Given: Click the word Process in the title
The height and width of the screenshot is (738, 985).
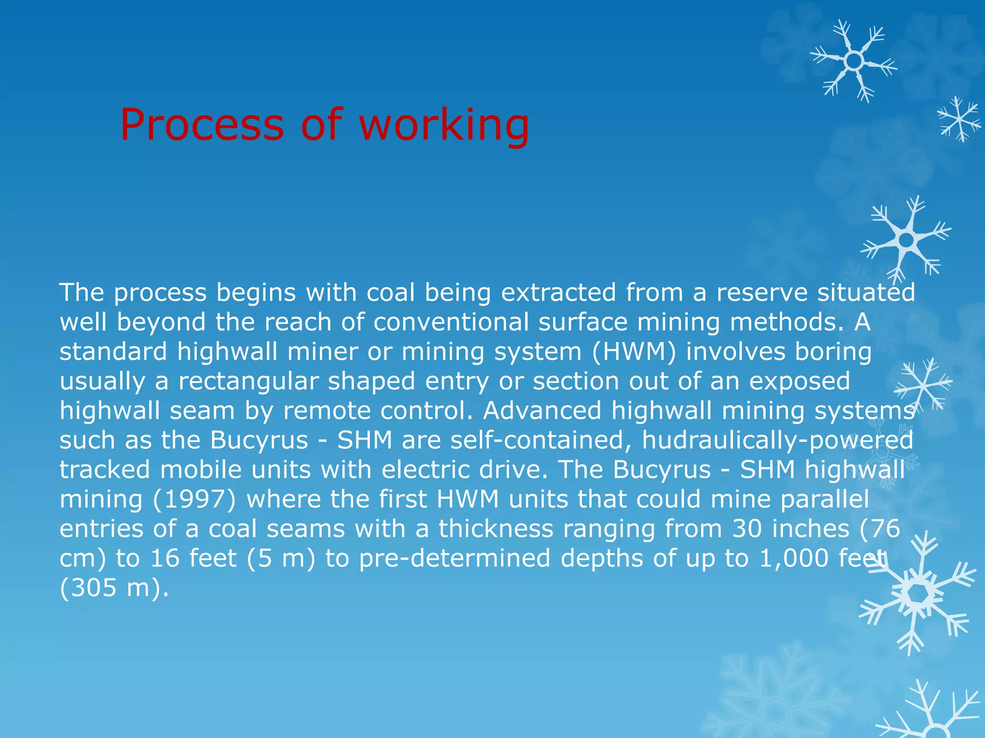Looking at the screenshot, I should click(x=202, y=125).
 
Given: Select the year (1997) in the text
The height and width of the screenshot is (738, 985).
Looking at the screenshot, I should click(x=194, y=499).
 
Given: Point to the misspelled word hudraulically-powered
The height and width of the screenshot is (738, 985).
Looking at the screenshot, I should click(x=777, y=440).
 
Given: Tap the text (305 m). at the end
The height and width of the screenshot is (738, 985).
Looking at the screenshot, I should click(x=114, y=588).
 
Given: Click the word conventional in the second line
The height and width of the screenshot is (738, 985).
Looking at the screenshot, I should click(x=451, y=322).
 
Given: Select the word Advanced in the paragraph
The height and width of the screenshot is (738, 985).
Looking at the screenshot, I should click(x=542, y=411).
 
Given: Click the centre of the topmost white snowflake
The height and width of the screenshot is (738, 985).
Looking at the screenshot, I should click(x=854, y=61).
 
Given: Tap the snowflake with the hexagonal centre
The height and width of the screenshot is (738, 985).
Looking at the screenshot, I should click(x=919, y=594).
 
